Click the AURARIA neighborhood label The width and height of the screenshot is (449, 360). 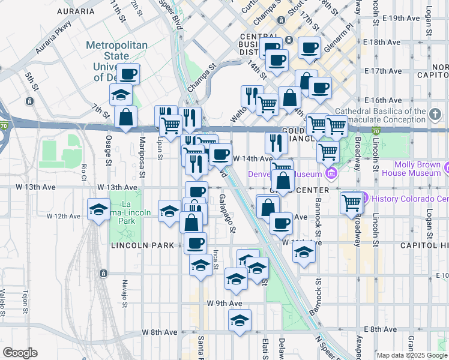point(75,11)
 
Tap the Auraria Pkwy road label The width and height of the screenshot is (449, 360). point(53,38)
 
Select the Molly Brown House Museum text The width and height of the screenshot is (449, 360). point(418,169)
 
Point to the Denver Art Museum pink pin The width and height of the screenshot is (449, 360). point(330,174)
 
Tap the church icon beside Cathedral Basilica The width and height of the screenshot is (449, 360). point(435,113)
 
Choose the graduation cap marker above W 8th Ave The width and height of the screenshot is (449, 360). point(240,321)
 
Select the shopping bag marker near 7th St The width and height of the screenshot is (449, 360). point(125,118)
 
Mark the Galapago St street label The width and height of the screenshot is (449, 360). point(228,212)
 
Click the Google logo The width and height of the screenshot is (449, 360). point(20,353)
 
